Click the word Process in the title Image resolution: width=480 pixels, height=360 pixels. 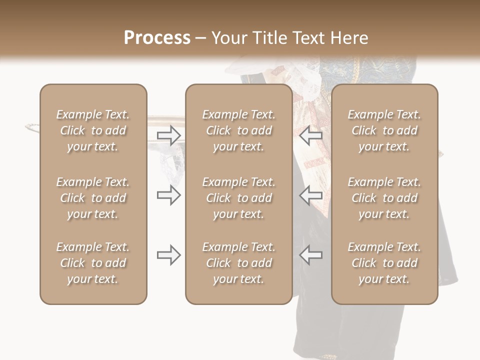point(157,38)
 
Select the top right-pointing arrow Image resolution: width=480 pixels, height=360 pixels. point(168,135)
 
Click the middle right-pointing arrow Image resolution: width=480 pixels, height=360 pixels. point(168,195)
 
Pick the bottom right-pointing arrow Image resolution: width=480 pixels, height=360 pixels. point(168,255)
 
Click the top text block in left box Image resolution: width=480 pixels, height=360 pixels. point(93,130)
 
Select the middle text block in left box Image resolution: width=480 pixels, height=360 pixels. point(93,198)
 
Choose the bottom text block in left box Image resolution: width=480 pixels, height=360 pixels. point(93,263)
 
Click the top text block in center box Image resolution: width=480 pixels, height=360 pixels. point(238,130)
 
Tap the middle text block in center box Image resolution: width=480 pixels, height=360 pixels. point(238,198)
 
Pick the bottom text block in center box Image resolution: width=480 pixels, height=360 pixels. point(238,263)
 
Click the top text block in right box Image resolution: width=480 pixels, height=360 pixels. point(384,130)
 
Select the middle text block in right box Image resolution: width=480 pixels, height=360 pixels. point(384,198)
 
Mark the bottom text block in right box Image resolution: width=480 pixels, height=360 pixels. point(384,263)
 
